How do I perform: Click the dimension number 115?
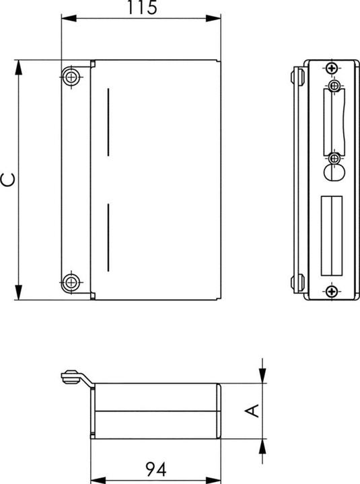pos(141,8)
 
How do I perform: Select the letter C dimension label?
pos(8,179)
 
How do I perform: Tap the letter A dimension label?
pos(252,410)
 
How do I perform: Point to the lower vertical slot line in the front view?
pos(107,239)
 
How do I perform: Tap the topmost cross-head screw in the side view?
pos(331,69)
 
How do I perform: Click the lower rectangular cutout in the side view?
pos(332,235)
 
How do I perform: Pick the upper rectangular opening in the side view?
pos(332,121)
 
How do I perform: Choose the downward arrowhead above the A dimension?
pos(263,378)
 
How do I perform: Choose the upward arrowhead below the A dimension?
pos(263,444)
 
